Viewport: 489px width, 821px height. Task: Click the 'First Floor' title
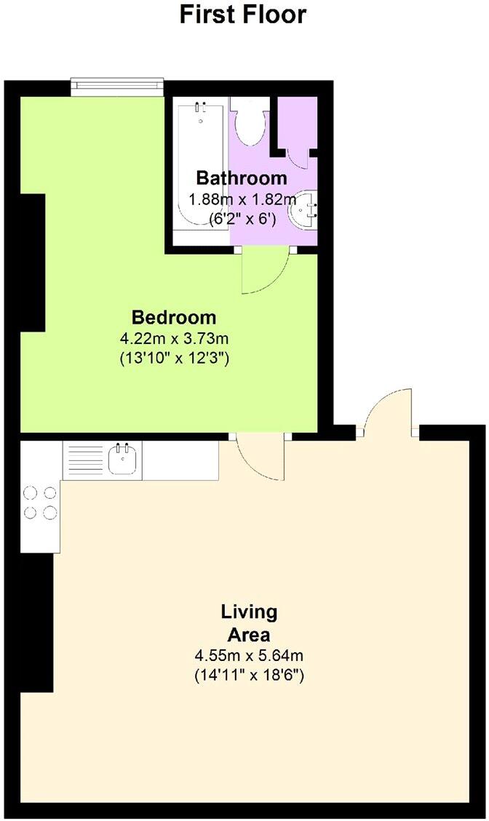(x=243, y=15)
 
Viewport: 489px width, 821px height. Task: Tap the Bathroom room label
(x=242, y=178)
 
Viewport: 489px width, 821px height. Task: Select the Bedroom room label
(x=174, y=318)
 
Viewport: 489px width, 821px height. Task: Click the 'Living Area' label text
(x=249, y=622)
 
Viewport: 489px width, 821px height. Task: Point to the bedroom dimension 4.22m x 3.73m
(x=174, y=338)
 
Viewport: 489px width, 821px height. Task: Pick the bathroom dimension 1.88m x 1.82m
(x=242, y=199)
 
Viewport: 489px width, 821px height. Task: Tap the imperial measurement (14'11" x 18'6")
(x=249, y=676)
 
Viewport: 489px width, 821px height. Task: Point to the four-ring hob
(x=40, y=502)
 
